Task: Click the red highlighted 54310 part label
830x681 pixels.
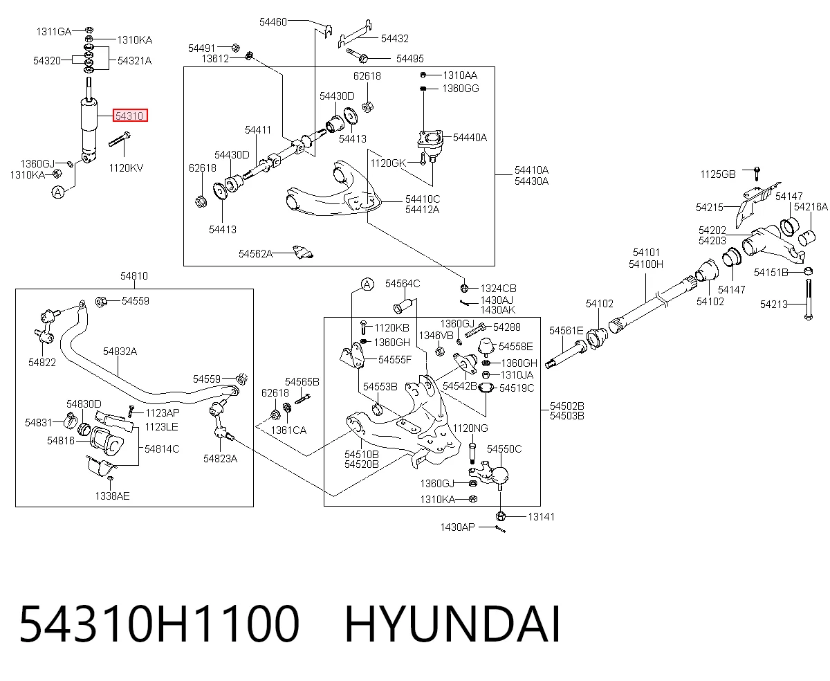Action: (x=130, y=116)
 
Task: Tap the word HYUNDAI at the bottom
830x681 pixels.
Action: (x=452, y=624)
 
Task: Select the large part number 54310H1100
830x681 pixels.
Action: (x=160, y=624)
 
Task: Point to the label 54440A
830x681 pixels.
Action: (x=470, y=138)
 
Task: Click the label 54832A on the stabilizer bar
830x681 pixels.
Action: (x=120, y=352)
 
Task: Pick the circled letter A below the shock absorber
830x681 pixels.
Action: (x=58, y=192)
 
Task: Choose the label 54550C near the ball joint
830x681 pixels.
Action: (x=504, y=449)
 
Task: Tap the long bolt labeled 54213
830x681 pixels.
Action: (x=809, y=300)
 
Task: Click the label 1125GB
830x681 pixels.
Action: (x=718, y=174)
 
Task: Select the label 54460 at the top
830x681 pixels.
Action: (x=273, y=22)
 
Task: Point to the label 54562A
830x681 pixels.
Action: (x=255, y=254)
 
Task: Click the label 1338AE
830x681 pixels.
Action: (x=112, y=496)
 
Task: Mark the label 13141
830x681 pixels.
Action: (x=541, y=517)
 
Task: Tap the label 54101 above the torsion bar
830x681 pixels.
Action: (x=646, y=252)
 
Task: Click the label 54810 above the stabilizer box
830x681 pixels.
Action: (x=134, y=275)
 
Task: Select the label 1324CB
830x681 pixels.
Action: (x=498, y=289)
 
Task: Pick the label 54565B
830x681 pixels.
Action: (x=302, y=381)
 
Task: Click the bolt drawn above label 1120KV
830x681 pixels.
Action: (x=119, y=139)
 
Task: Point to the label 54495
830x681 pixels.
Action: (x=410, y=59)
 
